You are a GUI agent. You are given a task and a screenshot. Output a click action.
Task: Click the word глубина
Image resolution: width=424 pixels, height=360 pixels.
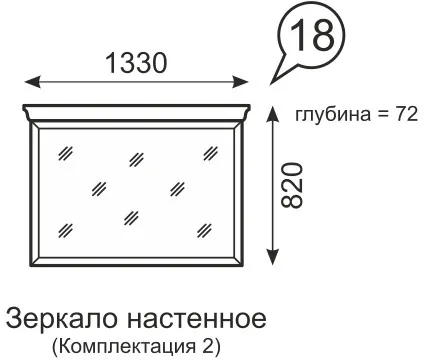click(x=329, y=114)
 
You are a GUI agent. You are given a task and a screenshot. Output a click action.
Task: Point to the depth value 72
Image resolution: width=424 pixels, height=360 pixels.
click(x=405, y=114)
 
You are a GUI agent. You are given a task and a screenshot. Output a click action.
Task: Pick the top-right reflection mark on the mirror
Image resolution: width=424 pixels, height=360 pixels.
click(x=208, y=153)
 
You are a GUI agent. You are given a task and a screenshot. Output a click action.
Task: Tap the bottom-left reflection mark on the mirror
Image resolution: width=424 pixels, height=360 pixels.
click(x=65, y=228)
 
